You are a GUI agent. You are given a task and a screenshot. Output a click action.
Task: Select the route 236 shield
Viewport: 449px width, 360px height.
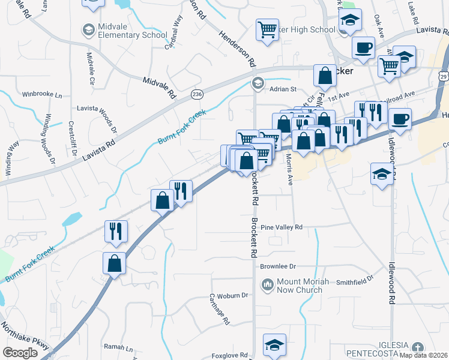point(196,95)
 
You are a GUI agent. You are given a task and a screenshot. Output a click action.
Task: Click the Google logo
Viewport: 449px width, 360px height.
point(20,352)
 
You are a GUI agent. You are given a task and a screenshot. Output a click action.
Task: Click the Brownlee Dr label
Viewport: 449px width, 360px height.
point(278,266)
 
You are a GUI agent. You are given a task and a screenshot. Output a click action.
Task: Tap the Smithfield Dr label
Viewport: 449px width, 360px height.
point(355,279)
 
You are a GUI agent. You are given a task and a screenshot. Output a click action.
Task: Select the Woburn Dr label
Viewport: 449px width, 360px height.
point(228,296)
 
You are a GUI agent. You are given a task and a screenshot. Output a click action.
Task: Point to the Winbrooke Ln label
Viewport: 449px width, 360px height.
point(42,95)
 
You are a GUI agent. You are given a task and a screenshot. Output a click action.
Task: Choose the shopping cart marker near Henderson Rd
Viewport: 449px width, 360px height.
point(267,29)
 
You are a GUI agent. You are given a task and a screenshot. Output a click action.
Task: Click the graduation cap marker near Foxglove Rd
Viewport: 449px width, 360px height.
point(274,345)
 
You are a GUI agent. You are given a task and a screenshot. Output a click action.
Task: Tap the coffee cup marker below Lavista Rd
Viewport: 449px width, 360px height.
point(363,47)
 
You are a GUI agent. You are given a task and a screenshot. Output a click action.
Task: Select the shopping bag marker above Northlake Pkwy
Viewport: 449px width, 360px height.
point(114,263)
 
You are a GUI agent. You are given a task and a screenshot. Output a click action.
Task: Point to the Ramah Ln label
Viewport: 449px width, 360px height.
point(118,347)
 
